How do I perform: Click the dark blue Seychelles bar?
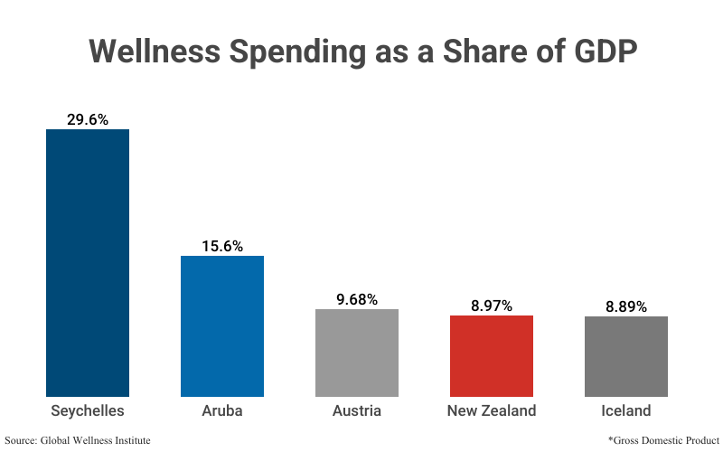[88, 262]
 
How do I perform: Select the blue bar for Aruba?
[222, 325]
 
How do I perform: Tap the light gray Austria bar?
[357, 353]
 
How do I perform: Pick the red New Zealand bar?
[492, 355]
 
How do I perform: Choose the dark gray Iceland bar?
[626, 356]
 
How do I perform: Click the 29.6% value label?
[88, 118]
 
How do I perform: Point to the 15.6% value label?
[222, 245]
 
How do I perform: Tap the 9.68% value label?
[357, 298]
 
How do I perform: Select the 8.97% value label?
[492, 306]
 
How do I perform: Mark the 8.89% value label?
[626, 306]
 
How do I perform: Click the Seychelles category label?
[88, 410]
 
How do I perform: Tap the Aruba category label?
[222, 410]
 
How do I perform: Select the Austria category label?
[357, 410]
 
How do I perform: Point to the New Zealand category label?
[492, 410]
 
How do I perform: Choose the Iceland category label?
[626, 410]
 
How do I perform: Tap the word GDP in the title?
[606, 51]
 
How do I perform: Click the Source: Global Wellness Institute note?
[78, 439]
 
